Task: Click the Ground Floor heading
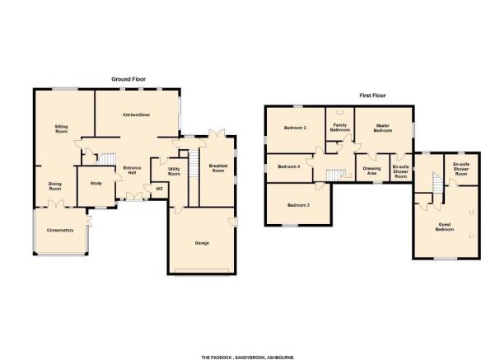128,79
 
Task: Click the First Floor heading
372,96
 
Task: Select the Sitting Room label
62,129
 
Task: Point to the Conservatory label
60,230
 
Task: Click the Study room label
96,183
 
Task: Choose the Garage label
202,243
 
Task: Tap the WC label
160,189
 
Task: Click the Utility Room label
174,171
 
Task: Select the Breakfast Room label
217,168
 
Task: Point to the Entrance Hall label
132,171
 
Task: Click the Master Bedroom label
383,128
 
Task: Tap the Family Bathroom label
340,128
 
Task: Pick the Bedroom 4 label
289,166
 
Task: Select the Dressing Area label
372,171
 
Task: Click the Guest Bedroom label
445,227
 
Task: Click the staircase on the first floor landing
332,175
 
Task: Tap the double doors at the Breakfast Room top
217,133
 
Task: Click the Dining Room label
55,186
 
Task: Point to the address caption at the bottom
247,358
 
